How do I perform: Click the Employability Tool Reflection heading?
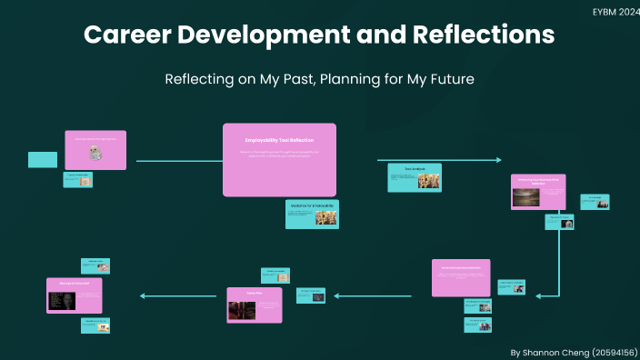pos(279,140)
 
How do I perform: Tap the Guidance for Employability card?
pos(312,214)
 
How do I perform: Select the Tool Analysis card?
pos(414,177)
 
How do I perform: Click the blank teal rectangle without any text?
pos(43,159)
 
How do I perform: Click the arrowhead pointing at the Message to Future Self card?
pos(142,295)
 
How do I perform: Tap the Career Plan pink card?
pos(255,305)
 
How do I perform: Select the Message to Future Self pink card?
pos(75,295)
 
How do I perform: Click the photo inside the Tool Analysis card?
pos(428,181)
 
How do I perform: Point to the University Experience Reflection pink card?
pos(460,277)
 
